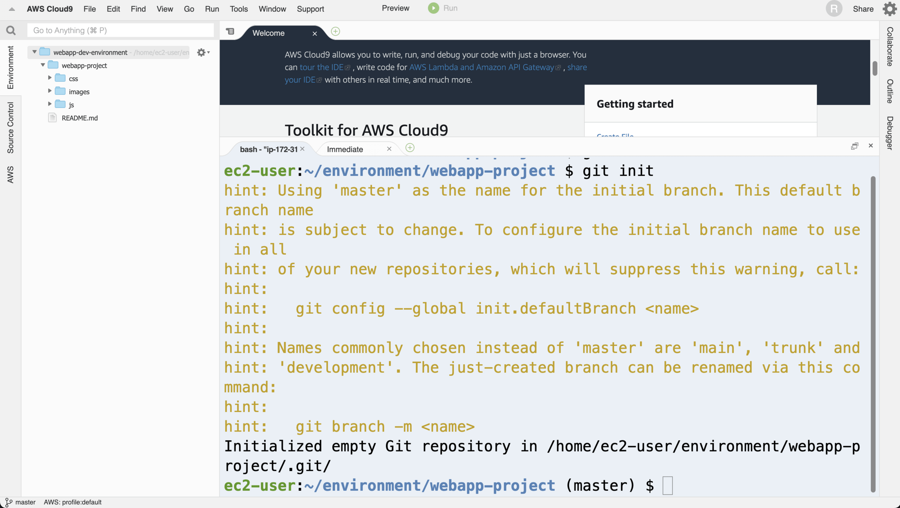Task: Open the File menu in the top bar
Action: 89,9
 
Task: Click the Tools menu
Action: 239,9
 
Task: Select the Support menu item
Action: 310,9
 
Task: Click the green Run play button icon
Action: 433,8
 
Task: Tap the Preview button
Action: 395,8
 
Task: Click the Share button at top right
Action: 863,9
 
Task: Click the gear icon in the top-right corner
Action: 889,9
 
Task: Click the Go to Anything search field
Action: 120,30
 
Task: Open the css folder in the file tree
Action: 73,79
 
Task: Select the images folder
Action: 79,92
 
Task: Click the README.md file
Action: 79,118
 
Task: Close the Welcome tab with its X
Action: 315,33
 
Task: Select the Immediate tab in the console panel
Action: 345,149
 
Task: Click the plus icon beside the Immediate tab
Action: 410,148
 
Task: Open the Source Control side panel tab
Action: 10,128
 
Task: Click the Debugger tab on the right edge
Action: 889,133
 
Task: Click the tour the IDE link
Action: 321,67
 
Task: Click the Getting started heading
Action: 635,104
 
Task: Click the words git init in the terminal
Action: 618,171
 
